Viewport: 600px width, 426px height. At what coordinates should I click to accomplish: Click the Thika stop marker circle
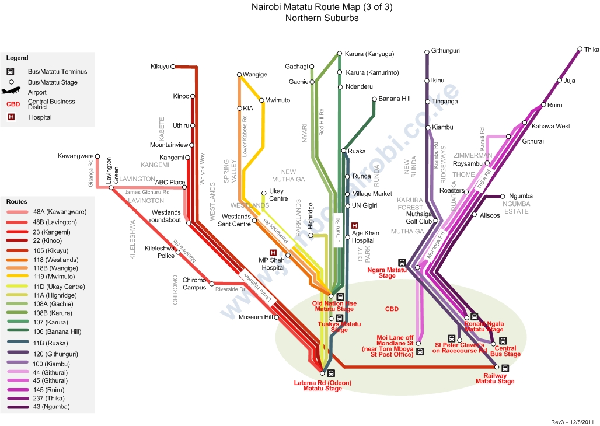click(x=580, y=50)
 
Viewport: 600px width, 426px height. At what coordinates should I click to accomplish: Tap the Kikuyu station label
click(x=159, y=67)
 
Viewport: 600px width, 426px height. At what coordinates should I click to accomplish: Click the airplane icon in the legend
click(x=11, y=92)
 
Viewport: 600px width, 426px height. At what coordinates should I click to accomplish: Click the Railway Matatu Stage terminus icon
click(x=505, y=368)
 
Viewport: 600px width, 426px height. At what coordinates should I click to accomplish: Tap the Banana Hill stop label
click(x=395, y=99)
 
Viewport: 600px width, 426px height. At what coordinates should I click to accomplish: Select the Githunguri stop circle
click(x=427, y=51)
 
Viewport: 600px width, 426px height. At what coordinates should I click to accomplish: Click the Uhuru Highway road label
click(x=252, y=284)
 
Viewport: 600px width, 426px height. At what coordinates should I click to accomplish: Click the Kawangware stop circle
click(x=97, y=156)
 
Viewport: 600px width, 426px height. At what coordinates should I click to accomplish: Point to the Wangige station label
click(x=255, y=75)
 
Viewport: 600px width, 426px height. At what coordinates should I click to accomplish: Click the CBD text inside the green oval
click(x=392, y=309)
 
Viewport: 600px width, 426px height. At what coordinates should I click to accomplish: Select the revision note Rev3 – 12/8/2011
click(x=572, y=421)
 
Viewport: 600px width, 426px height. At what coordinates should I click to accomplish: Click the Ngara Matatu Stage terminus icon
click(x=402, y=262)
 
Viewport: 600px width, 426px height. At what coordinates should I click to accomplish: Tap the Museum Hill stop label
click(x=255, y=317)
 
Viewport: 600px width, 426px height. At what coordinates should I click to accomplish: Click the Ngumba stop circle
click(x=503, y=196)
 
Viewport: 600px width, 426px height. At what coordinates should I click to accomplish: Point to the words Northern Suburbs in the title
click(x=322, y=18)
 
